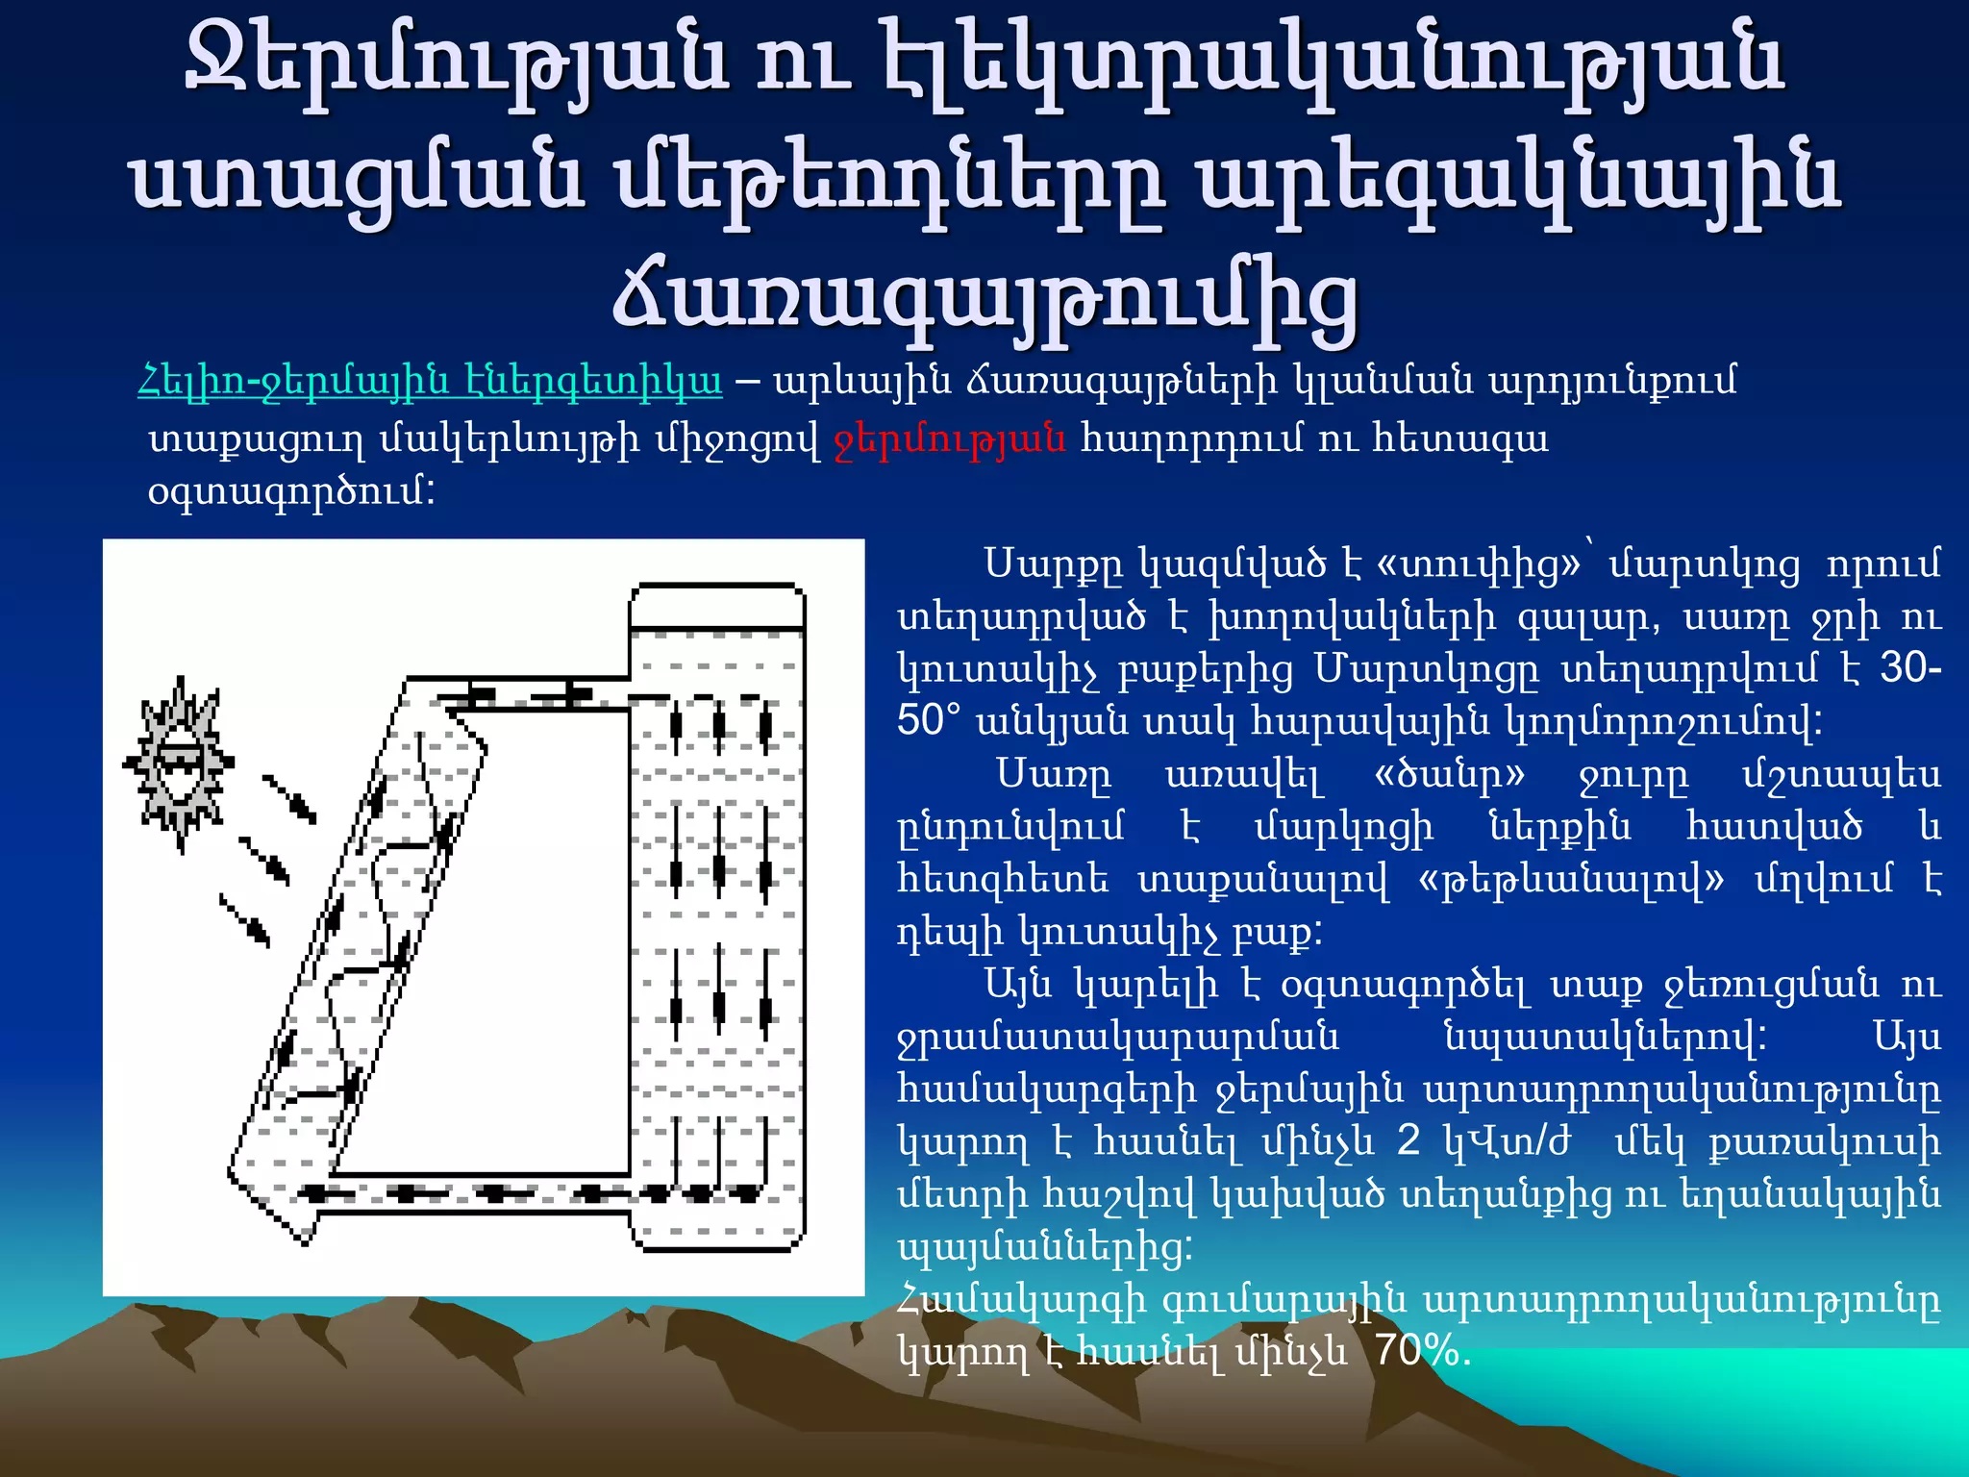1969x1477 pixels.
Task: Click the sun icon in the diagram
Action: click(x=179, y=764)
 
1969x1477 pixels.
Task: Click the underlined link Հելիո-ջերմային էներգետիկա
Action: click(x=430, y=382)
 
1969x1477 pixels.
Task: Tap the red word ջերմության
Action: click(x=950, y=438)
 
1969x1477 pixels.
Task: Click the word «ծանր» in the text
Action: click(x=1450, y=774)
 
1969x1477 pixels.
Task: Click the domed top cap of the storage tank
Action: click(x=717, y=605)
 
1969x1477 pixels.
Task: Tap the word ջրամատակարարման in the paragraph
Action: click(x=1118, y=1037)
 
